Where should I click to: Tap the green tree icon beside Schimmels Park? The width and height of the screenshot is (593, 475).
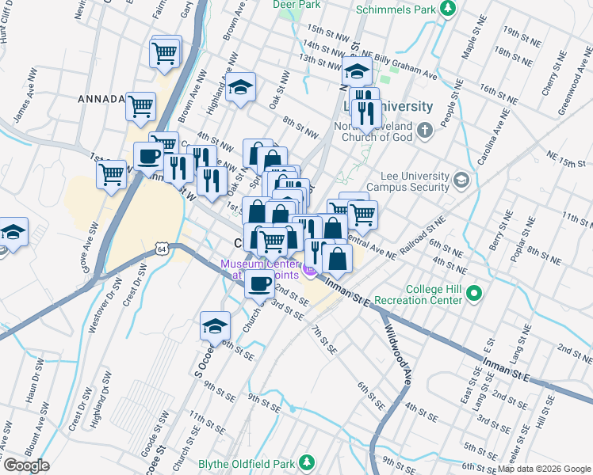coord(449,9)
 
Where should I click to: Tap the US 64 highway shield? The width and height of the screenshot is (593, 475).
coord(162,249)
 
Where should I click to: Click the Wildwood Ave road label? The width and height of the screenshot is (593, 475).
coord(400,352)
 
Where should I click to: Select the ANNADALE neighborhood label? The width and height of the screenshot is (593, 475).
coord(101,99)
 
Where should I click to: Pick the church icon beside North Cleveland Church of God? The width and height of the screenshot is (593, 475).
coord(425,129)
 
